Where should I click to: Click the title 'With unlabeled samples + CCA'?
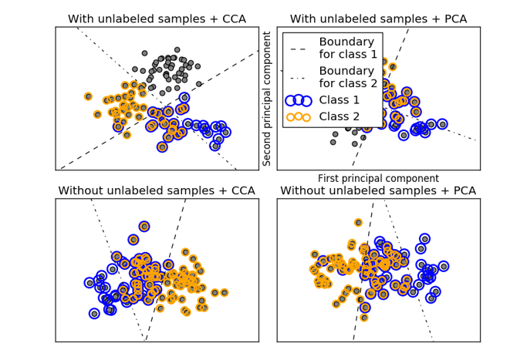pyautogui.click(x=157, y=19)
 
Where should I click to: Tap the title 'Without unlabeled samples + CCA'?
pyautogui.click(x=157, y=190)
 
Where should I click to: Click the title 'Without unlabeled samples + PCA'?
pyautogui.click(x=378, y=190)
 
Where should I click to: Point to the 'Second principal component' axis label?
pyautogui.click(x=268, y=99)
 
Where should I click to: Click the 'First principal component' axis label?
pyautogui.click(x=378, y=179)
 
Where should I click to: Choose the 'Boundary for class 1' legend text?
pyautogui.click(x=348, y=48)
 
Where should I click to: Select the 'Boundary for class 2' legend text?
pyautogui.click(x=348, y=76)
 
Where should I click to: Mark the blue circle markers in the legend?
pyautogui.click(x=298, y=100)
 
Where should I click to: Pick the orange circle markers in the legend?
pyautogui.click(x=298, y=117)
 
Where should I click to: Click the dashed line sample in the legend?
pyautogui.click(x=298, y=48)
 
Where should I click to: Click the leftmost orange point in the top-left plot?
pyautogui.click(x=89, y=96)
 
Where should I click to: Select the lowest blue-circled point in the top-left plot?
pyautogui.click(x=162, y=146)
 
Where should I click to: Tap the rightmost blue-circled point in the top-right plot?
pyautogui.click(x=442, y=123)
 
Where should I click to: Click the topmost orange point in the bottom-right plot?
pyautogui.click(x=358, y=223)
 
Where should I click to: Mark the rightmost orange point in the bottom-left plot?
pyautogui.click(x=225, y=292)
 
